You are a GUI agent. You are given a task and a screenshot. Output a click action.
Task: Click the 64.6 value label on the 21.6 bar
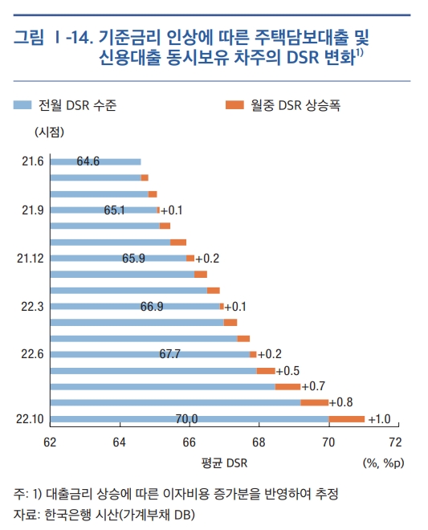88,161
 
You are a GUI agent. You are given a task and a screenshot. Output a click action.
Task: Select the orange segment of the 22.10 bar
347,418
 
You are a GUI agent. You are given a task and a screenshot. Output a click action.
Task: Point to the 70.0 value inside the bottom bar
186,418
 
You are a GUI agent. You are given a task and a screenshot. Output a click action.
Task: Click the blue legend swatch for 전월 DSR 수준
23,105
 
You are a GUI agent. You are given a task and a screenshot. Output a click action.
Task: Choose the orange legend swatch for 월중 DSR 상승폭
234,105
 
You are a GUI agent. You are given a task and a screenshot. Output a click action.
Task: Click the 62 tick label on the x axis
50,441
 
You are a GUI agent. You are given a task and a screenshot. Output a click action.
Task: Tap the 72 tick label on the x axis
394,441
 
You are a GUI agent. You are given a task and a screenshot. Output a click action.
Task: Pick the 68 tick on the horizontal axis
259,441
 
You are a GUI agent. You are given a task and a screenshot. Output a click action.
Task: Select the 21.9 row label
32,210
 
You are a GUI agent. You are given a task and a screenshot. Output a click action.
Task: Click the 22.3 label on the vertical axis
32,306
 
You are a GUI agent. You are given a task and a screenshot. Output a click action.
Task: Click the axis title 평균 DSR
225,463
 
